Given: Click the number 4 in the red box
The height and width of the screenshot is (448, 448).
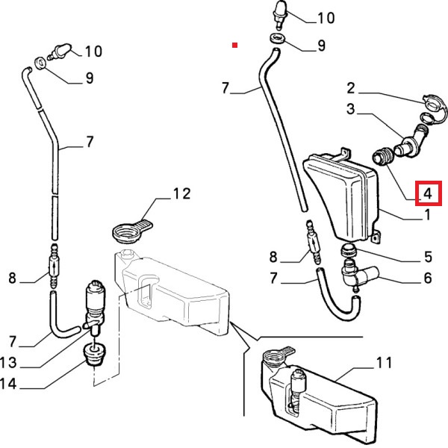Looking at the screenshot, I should [x=428, y=193].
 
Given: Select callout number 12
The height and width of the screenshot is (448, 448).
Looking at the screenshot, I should [x=181, y=195].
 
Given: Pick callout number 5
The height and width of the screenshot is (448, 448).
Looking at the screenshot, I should [x=428, y=257].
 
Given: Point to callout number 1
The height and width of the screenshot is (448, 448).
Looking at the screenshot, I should [x=428, y=217].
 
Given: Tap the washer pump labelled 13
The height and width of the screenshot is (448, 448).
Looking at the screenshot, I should [x=96, y=299].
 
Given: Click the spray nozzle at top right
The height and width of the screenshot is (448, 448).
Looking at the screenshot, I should [x=280, y=11].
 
